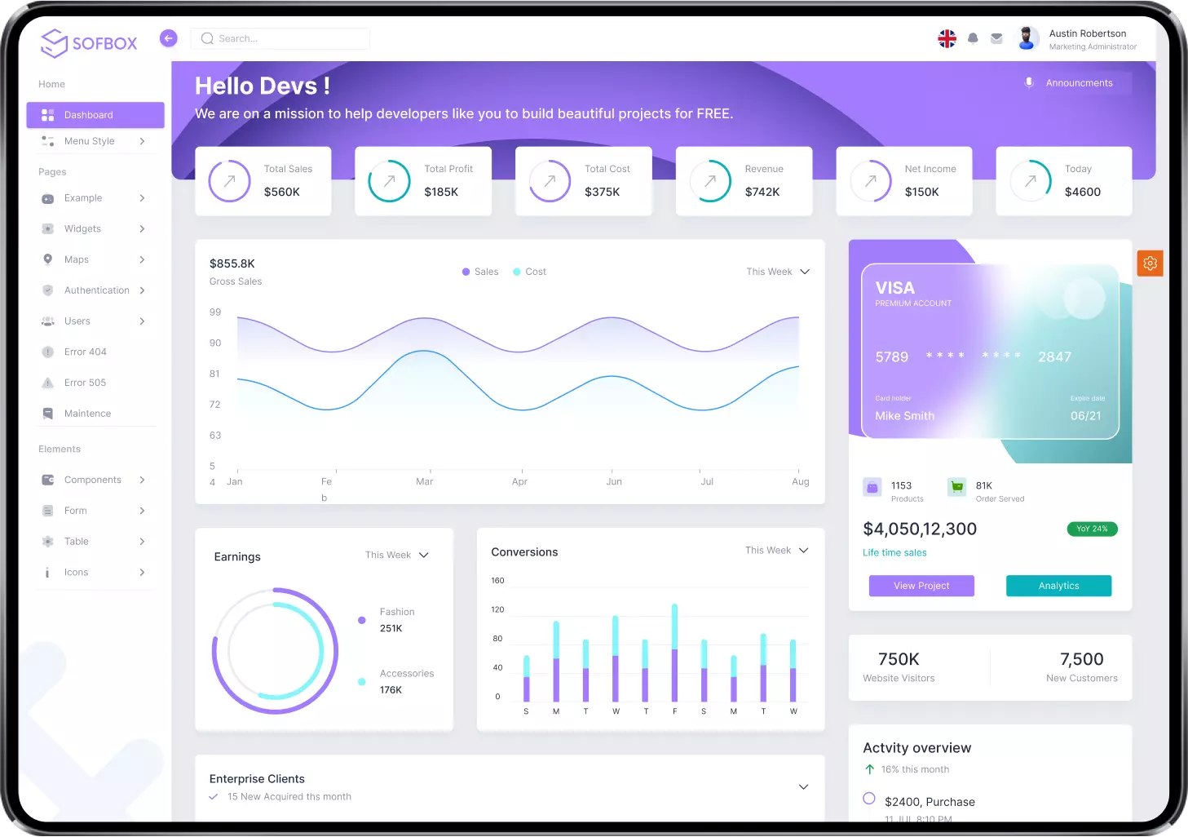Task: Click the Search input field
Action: pyautogui.click(x=280, y=38)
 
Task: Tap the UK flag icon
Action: pyautogui.click(x=947, y=38)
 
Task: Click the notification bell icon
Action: pyautogui.click(x=973, y=38)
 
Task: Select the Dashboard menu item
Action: pyautogui.click(x=95, y=115)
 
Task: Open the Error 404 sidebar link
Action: pyautogui.click(x=86, y=352)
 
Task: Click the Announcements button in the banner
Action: pyautogui.click(x=1078, y=83)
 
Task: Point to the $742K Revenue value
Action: pyautogui.click(x=762, y=192)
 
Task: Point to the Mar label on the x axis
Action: pyautogui.click(x=424, y=482)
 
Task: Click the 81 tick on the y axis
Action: pyautogui.click(x=215, y=374)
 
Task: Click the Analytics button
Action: pyautogui.click(x=1058, y=586)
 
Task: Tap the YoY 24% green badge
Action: pyautogui.click(x=1092, y=529)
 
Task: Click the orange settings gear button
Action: pyautogui.click(x=1150, y=263)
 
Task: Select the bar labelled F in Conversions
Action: pyautogui.click(x=674, y=653)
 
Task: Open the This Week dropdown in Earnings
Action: pyautogui.click(x=397, y=555)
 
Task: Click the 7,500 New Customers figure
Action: pyautogui.click(x=1081, y=659)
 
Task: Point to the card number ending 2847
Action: pyautogui.click(x=1054, y=356)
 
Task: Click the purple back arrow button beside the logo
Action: pyautogui.click(x=169, y=38)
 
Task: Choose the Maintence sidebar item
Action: pyautogui.click(x=87, y=414)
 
